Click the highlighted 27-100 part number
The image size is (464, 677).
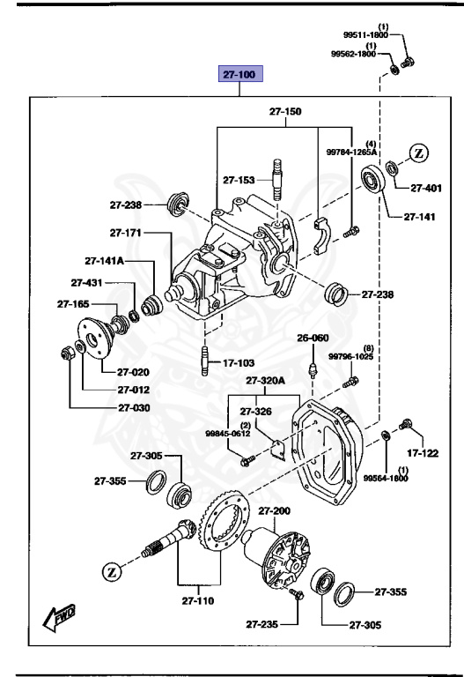(240, 76)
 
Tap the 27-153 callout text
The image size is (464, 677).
(238, 180)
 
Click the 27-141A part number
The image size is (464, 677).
(104, 261)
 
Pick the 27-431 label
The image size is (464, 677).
(87, 283)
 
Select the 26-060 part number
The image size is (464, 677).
(312, 338)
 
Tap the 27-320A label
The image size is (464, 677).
(266, 381)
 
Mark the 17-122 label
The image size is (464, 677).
(423, 453)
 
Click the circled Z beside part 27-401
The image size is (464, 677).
(419, 153)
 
